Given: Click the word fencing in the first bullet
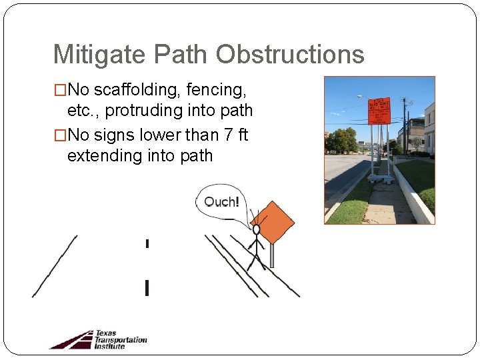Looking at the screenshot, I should click(x=216, y=90).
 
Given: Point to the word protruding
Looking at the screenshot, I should click(x=142, y=110).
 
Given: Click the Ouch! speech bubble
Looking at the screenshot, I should click(x=220, y=201).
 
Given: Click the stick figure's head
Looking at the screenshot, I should click(x=256, y=229).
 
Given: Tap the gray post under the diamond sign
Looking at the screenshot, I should click(x=272, y=255).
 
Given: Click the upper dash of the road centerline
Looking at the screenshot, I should click(x=147, y=243).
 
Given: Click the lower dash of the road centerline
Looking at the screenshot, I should click(x=147, y=288).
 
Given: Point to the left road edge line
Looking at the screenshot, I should click(x=54, y=266).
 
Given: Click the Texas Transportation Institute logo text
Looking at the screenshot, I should click(x=120, y=339).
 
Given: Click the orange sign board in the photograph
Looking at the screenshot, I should click(x=379, y=110).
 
